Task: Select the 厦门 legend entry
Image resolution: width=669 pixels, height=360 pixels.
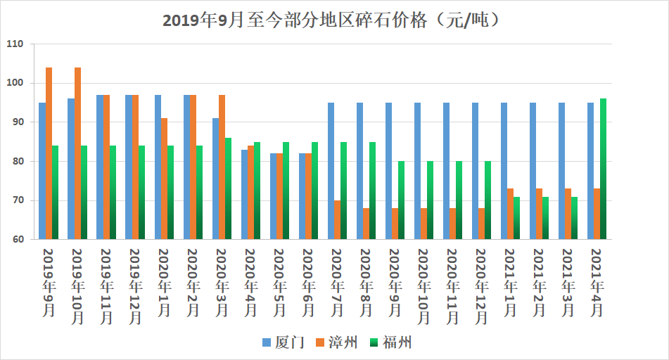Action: point(283,342)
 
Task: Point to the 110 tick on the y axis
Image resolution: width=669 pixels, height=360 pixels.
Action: point(15,44)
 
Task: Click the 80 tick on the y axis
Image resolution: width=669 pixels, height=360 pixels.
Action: point(17,161)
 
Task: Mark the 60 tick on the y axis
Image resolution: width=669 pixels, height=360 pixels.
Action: point(17,239)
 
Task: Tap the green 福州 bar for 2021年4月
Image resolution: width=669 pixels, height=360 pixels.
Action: point(604,169)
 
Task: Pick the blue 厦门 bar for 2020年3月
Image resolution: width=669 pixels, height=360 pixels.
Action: point(215,179)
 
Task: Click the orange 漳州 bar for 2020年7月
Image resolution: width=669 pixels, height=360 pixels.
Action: point(338,219)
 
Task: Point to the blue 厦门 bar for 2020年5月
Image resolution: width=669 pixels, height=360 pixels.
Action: point(273,196)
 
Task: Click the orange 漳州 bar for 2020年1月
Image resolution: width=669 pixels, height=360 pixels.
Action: point(164,179)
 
